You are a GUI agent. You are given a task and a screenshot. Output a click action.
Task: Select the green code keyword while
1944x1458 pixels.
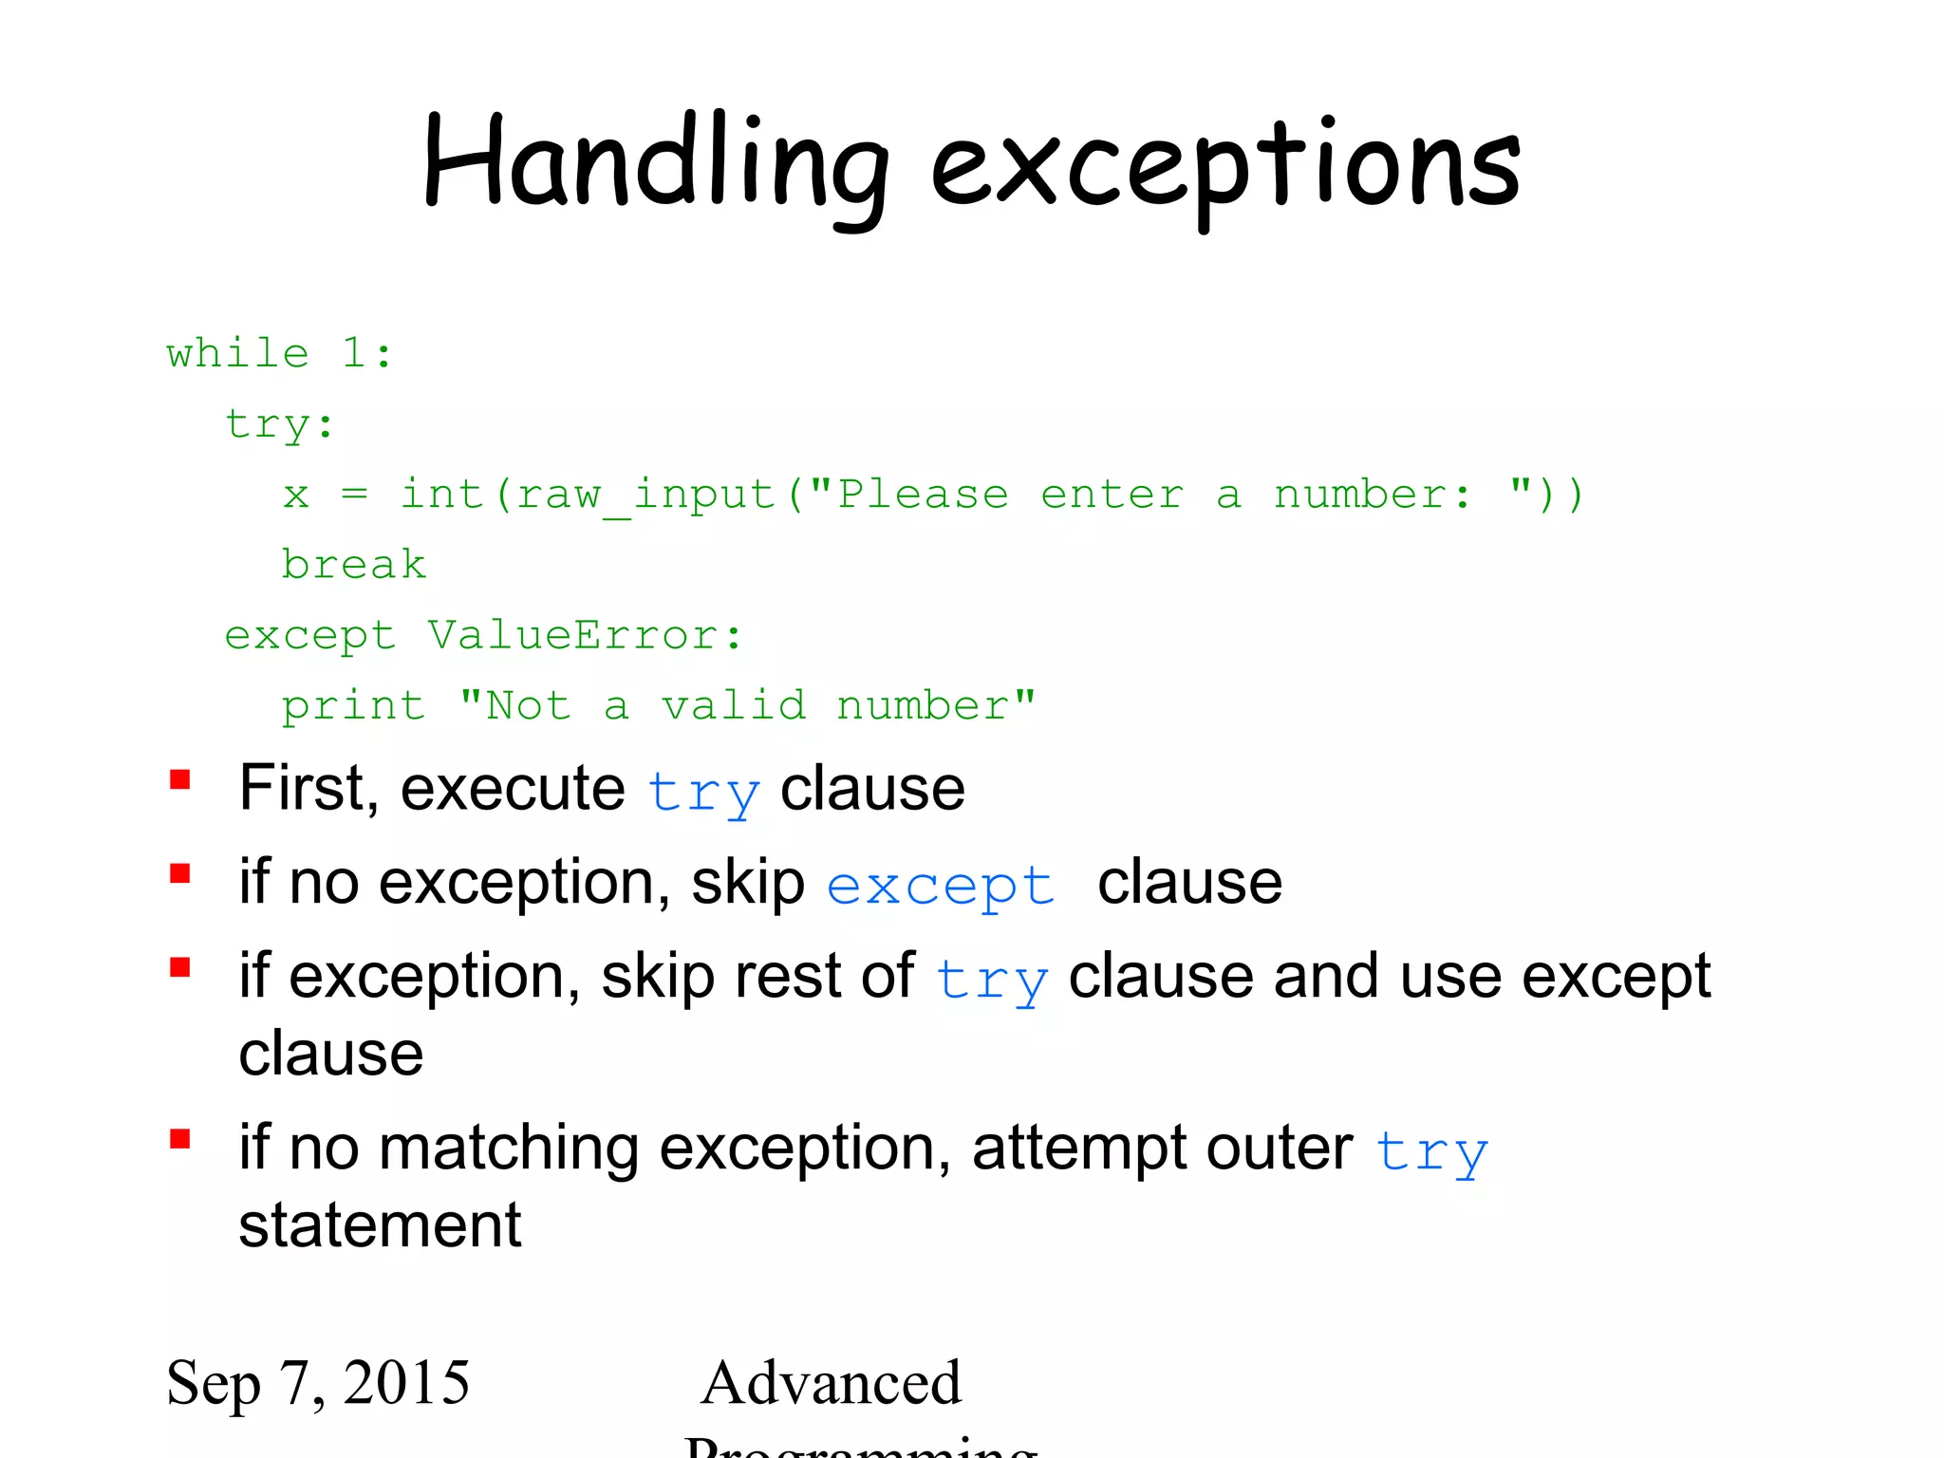pos(237,353)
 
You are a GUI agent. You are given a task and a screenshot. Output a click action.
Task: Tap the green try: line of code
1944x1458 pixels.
pos(279,424)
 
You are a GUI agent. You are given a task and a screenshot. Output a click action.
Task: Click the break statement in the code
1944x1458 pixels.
pos(353,565)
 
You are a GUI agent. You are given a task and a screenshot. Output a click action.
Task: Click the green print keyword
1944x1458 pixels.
pos(353,706)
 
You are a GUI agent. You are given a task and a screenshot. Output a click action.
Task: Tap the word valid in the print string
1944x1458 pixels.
pos(734,705)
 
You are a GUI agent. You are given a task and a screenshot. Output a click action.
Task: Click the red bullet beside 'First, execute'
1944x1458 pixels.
pos(180,780)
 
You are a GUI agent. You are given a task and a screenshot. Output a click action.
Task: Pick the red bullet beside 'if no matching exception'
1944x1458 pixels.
pos(180,1139)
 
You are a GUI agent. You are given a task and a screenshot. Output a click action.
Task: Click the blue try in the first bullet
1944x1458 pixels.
pos(702,792)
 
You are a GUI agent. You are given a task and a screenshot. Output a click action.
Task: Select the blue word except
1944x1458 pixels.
pos(940,887)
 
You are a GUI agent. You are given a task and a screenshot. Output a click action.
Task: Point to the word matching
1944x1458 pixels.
pos(509,1148)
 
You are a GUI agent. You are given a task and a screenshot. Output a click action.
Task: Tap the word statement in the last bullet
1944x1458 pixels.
pos(380,1224)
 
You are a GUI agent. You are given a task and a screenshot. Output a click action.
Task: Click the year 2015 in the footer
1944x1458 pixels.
pos(406,1382)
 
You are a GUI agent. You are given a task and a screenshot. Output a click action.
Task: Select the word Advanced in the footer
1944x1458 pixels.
pos(831,1382)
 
